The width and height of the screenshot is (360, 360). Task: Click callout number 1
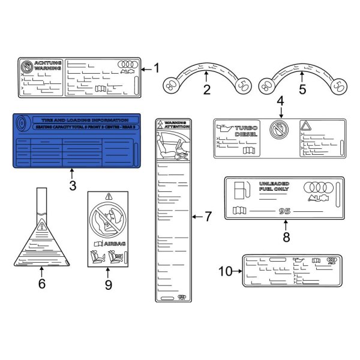(x=157, y=68)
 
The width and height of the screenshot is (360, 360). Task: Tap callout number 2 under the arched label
(x=206, y=91)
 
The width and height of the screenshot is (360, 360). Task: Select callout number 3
(x=73, y=186)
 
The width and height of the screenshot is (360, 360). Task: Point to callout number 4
(x=280, y=103)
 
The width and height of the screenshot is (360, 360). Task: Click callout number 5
(x=302, y=91)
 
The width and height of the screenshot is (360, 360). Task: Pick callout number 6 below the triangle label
(x=41, y=283)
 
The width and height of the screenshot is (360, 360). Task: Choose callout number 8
(x=286, y=236)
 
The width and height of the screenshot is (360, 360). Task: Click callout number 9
(x=109, y=284)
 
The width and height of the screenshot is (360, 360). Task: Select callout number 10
(x=225, y=271)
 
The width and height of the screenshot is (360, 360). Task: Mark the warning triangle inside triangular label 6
(x=41, y=226)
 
